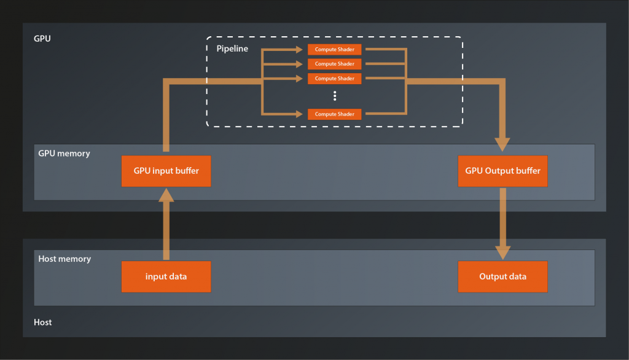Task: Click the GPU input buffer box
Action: tap(166, 171)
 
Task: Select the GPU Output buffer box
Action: tap(502, 171)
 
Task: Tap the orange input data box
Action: tap(166, 276)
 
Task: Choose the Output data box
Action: tap(502, 276)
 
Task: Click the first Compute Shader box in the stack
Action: tap(334, 49)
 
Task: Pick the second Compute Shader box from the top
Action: tap(334, 64)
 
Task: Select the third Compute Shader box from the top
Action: tap(334, 79)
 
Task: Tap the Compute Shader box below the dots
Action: tap(334, 114)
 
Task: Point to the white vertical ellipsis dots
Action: tap(335, 96)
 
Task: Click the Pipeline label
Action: tap(232, 48)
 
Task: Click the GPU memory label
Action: tap(64, 154)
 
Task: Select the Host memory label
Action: tap(64, 259)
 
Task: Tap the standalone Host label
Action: tap(42, 322)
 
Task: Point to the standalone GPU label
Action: tap(42, 38)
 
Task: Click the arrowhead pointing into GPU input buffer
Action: tap(166, 195)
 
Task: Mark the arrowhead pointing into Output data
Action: tap(502, 252)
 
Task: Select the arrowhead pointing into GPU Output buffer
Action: tap(502, 145)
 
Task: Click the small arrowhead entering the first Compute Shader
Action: tap(304, 49)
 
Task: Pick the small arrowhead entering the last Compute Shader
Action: tap(304, 114)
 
